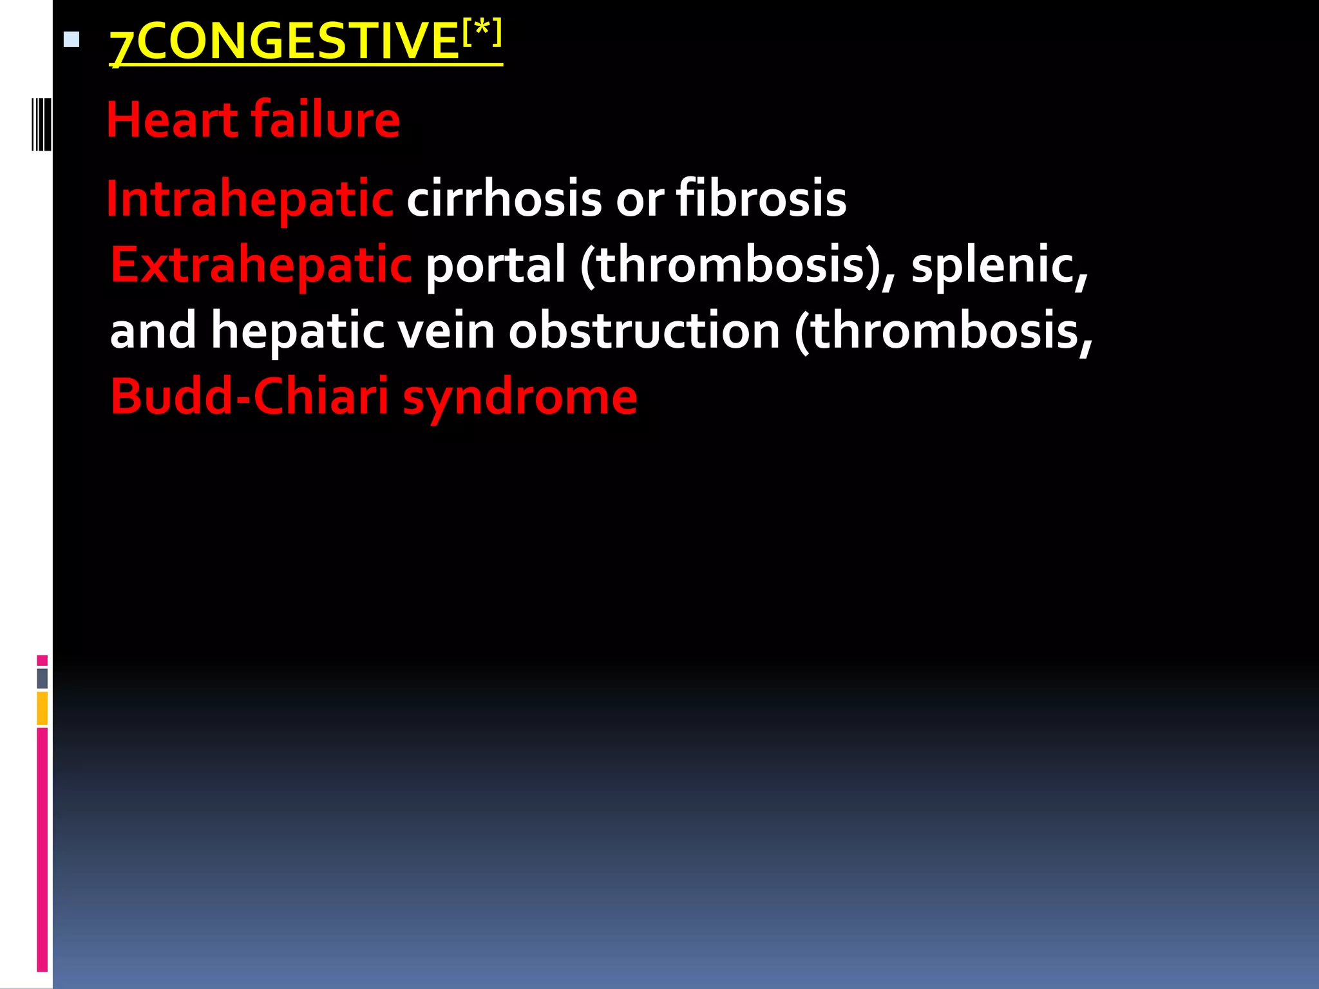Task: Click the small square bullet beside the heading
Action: [x=71, y=41]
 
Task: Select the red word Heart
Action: [x=172, y=120]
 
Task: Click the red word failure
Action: [x=325, y=120]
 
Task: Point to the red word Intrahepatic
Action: [x=250, y=199]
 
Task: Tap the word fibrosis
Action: [x=761, y=199]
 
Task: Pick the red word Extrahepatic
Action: [x=261, y=265]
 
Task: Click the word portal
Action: [x=495, y=265]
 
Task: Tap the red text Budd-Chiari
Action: [x=249, y=397]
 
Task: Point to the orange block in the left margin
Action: [x=42, y=708]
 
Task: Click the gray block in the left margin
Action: [x=42, y=679]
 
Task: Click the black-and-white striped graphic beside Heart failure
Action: [x=41, y=124]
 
